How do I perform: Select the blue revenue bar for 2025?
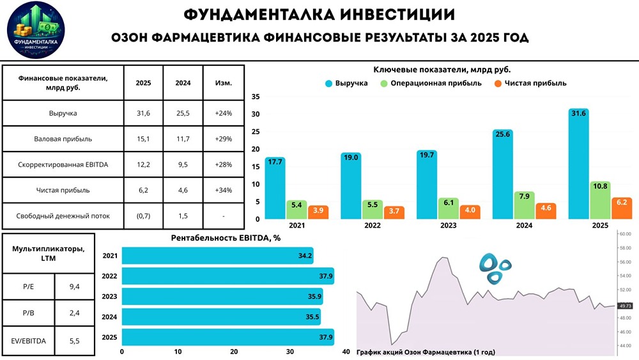point(578,164)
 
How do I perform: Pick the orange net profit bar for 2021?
point(318,212)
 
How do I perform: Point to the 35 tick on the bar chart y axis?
point(256,97)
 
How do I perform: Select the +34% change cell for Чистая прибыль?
point(224,190)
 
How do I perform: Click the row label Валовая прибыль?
point(63,139)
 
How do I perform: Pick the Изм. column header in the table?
point(224,83)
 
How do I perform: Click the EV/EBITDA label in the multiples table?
point(29,342)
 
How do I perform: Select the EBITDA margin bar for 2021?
point(217,256)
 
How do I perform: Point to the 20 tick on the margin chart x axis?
point(234,352)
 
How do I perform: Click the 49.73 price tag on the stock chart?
point(625,306)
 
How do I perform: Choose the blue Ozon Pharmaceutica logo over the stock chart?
point(496,268)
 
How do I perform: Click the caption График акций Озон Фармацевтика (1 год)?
point(426,352)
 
